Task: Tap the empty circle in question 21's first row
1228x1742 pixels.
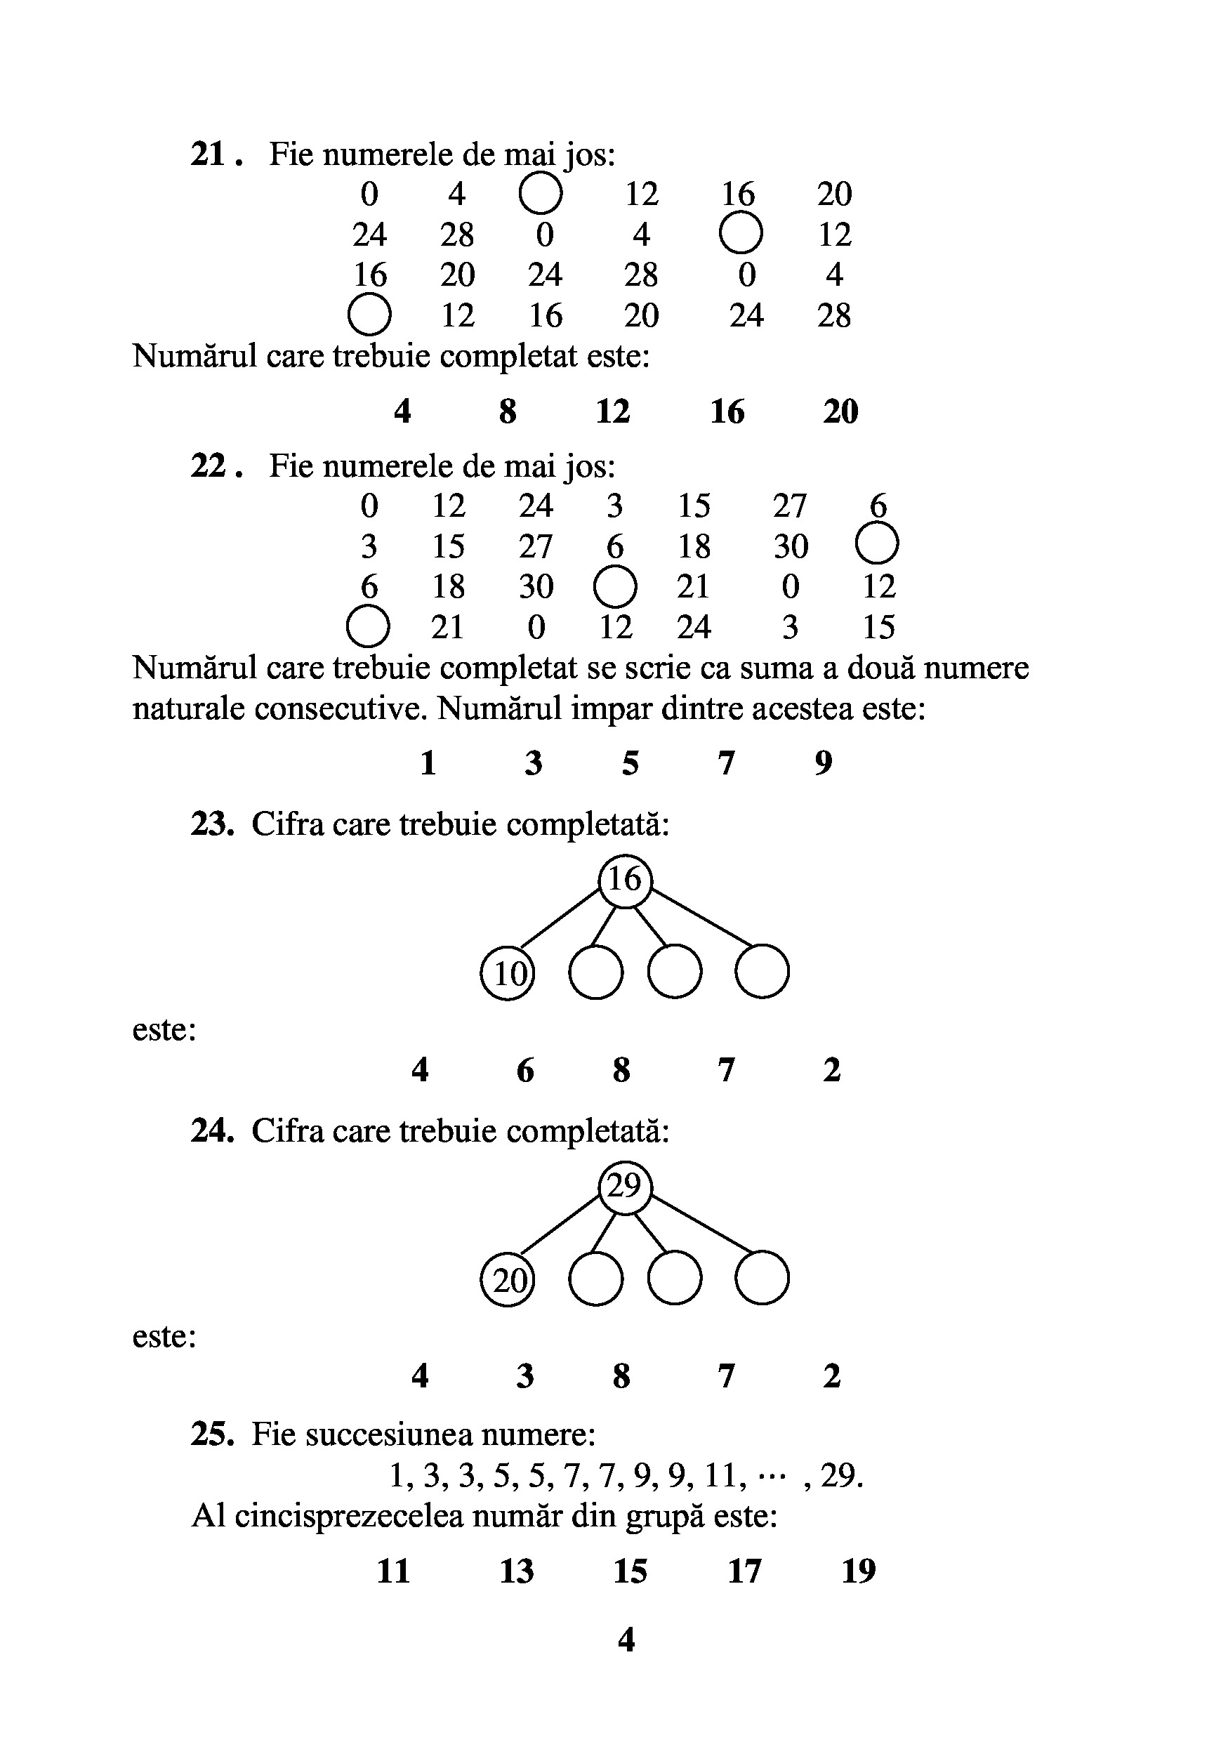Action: (x=541, y=194)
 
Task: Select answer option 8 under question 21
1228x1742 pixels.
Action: (x=508, y=411)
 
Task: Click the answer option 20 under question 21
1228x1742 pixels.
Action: (x=840, y=411)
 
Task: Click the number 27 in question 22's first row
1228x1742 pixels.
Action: (x=790, y=506)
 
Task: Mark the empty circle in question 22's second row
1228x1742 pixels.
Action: (x=877, y=544)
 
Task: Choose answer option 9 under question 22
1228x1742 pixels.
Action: (x=824, y=763)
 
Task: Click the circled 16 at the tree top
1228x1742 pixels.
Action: (x=625, y=879)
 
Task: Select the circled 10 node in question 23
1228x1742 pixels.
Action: (x=508, y=972)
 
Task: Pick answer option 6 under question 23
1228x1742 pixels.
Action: (x=525, y=1070)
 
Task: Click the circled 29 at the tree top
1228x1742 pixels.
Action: (x=625, y=1186)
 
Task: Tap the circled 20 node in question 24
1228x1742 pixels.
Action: (x=508, y=1280)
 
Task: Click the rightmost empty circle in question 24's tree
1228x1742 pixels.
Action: (x=762, y=1279)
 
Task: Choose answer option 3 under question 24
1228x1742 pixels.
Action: (x=525, y=1375)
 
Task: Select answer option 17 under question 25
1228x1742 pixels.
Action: (x=744, y=1571)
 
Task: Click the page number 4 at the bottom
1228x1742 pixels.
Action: (x=626, y=1640)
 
